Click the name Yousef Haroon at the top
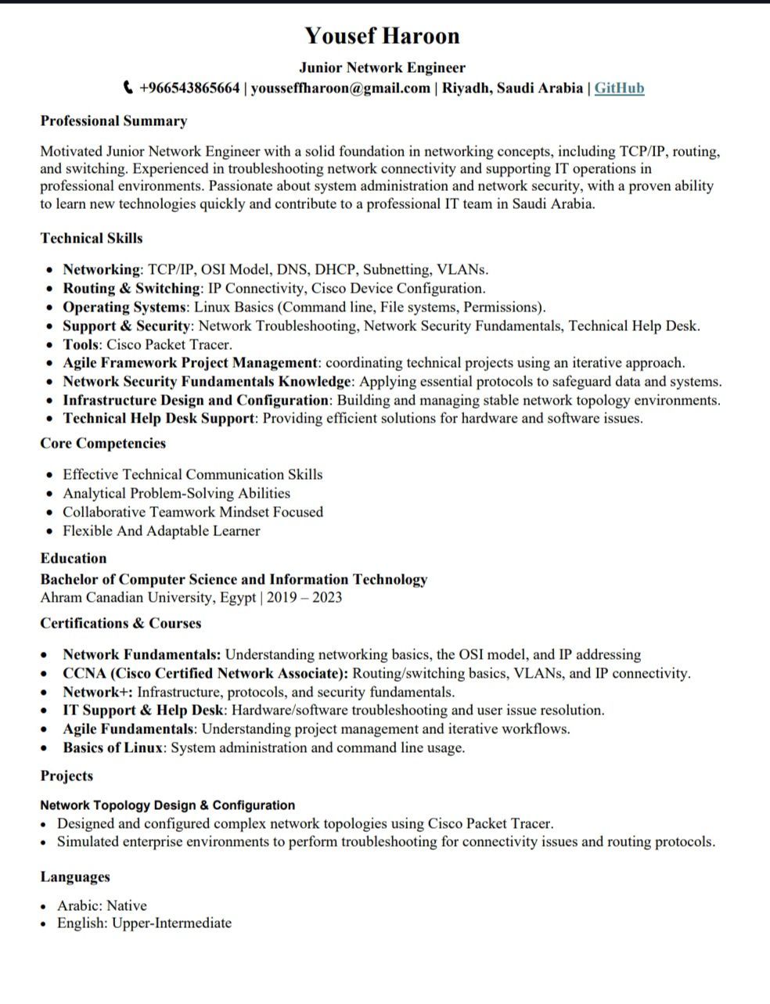382,36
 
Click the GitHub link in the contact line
619,88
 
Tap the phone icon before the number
129,88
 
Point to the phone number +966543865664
189,88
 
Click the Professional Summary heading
113,121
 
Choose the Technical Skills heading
92,239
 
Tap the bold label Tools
81,344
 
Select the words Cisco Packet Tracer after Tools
168,344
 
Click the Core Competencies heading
103,444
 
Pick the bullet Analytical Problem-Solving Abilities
176,494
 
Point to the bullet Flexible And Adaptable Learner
161,531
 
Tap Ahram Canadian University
125,599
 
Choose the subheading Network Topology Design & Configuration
167,805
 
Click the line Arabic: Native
102,906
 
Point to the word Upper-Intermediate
171,923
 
